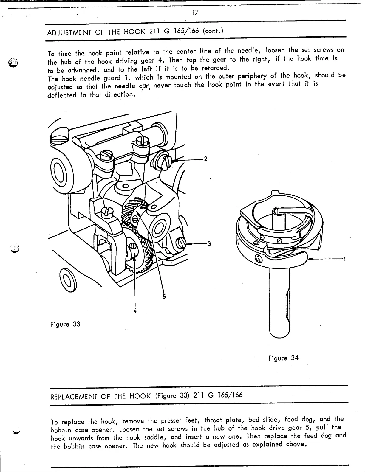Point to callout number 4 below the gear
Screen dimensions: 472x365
pyautogui.click(x=135, y=311)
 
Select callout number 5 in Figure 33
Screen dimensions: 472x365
pyautogui.click(x=164, y=296)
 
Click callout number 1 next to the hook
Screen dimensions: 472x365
pyautogui.click(x=344, y=260)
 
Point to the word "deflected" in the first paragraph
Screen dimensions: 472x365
pyautogui.click(x=61, y=96)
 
